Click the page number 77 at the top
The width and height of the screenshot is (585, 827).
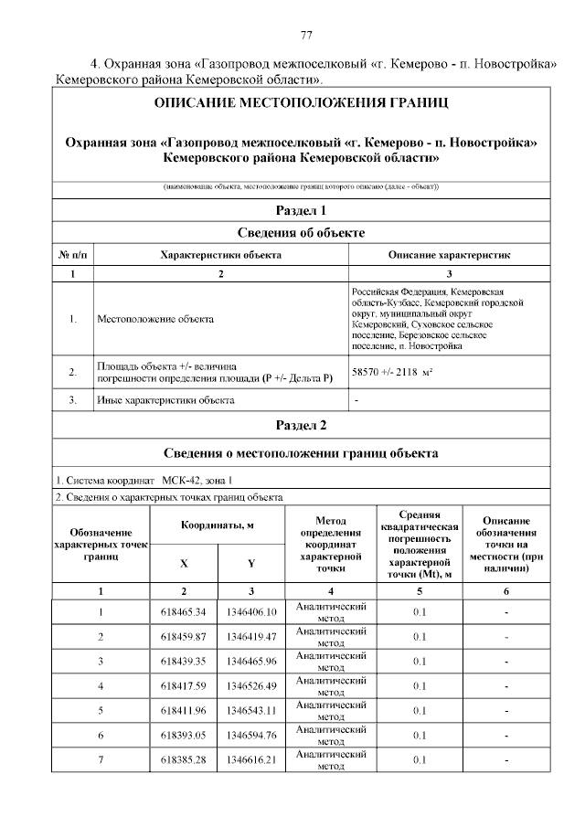coord(306,36)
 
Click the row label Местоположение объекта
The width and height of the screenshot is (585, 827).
coord(155,319)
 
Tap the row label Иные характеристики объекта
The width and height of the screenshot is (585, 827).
coord(165,399)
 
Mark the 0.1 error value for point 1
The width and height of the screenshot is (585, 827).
coord(420,611)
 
